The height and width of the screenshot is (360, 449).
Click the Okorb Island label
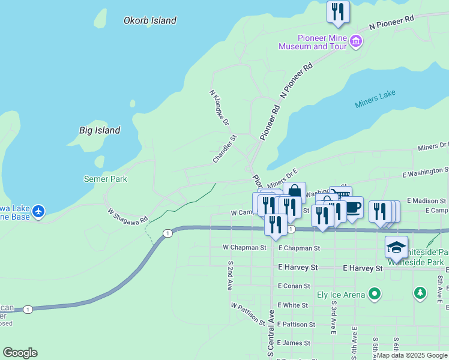point(150,20)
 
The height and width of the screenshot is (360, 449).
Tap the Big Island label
point(100,130)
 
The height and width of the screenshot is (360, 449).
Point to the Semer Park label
point(105,179)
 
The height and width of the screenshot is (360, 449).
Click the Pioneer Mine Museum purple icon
point(356,41)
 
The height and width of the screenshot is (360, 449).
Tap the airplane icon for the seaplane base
point(39,211)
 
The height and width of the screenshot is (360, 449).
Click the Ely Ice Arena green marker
point(375,294)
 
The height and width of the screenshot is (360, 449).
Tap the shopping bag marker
point(294,191)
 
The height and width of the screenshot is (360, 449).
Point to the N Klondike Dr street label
point(219,108)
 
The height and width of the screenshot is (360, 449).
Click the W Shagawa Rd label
point(127,215)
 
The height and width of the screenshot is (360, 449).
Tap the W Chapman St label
point(244,247)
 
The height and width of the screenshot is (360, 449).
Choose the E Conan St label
point(294,286)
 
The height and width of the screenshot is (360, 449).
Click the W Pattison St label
point(248,314)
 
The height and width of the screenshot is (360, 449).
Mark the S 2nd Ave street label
point(230,275)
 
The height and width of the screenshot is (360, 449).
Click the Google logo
point(20,353)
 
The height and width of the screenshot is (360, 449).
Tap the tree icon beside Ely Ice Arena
point(421,293)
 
